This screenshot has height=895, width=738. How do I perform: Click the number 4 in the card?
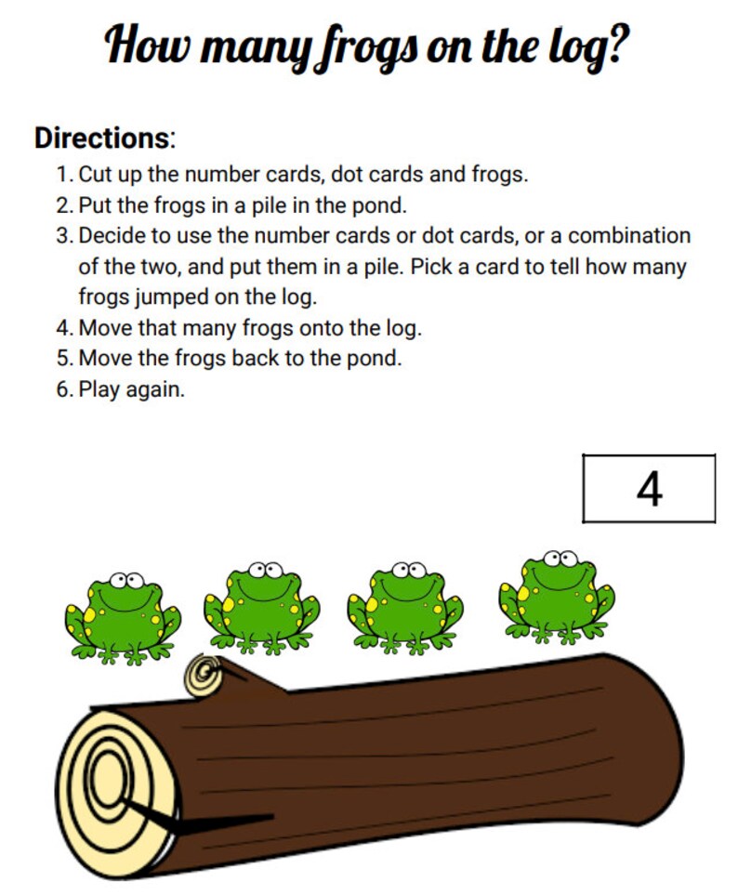point(649,489)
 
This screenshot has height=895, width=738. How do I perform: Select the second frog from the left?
point(261,605)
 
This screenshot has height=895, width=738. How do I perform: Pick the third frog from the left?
point(404,605)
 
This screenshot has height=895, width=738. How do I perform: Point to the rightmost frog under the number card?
point(557,595)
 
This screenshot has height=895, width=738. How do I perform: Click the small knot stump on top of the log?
point(205,676)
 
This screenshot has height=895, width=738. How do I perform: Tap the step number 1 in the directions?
point(62,175)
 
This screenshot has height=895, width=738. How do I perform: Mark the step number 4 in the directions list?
point(62,328)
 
